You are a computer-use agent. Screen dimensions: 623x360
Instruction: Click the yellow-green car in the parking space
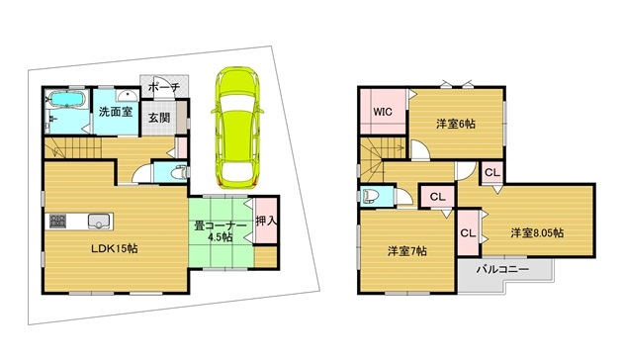pyautogui.click(x=236, y=128)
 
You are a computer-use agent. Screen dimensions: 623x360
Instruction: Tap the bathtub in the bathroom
pyautogui.click(x=66, y=99)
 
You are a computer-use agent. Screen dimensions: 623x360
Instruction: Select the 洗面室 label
pyautogui.click(x=116, y=112)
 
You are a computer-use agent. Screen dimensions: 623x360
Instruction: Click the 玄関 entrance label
pyautogui.click(x=160, y=118)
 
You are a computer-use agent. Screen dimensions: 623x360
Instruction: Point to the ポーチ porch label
pyautogui.click(x=164, y=87)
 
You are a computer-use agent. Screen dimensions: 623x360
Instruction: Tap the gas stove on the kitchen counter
pyautogui.click(x=57, y=221)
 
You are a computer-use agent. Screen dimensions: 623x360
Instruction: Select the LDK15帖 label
pyautogui.click(x=115, y=249)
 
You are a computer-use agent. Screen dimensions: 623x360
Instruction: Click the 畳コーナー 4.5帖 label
pyautogui.click(x=221, y=231)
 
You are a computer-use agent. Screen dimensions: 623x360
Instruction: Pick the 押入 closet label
pyautogui.click(x=266, y=221)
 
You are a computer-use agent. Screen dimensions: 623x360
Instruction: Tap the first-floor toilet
pyautogui.click(x=178, y=172)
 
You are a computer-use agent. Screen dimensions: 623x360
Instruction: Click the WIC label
pyautogui.click(x=383, y=112)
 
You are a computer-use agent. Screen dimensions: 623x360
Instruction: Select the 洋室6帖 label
pyautogui.click(x=456, y=124)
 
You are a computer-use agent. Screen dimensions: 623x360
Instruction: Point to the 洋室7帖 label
pyautogui.click(x=407, y=251)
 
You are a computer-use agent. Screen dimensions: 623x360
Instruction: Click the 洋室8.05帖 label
pyautogui.click(x=537, y=232)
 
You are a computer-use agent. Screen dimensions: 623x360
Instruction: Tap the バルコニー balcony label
pyautogui.click(x=502, y=270)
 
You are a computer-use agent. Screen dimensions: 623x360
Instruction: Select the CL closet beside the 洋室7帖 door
pyautogui.click(x=437, y=197)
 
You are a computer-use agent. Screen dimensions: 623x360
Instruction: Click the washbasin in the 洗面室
pyautogui.click(x=128, y=95)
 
